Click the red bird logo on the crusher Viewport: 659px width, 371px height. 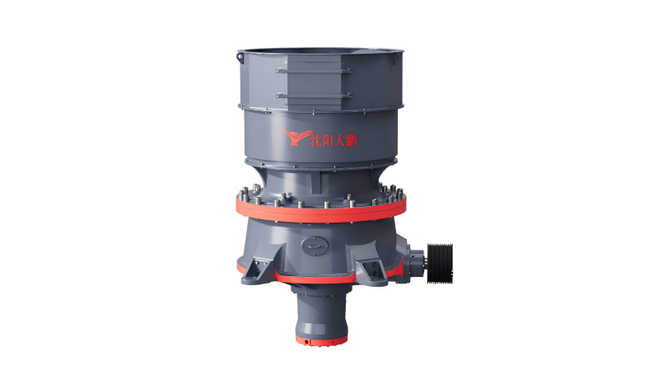pos(294,135)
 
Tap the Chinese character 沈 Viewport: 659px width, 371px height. pos(316,140)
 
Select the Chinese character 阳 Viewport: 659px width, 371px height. pos(328,140)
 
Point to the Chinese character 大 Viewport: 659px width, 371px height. pos(339,140)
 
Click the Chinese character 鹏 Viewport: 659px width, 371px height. pos(351,140)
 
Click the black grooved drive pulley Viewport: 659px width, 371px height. pos(440,263)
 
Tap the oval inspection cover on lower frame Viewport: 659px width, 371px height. pos(313,245)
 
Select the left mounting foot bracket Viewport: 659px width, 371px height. pos(256,270)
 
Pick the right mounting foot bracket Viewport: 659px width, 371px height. pos(372,272)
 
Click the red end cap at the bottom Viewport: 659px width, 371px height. pos(321,339)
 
